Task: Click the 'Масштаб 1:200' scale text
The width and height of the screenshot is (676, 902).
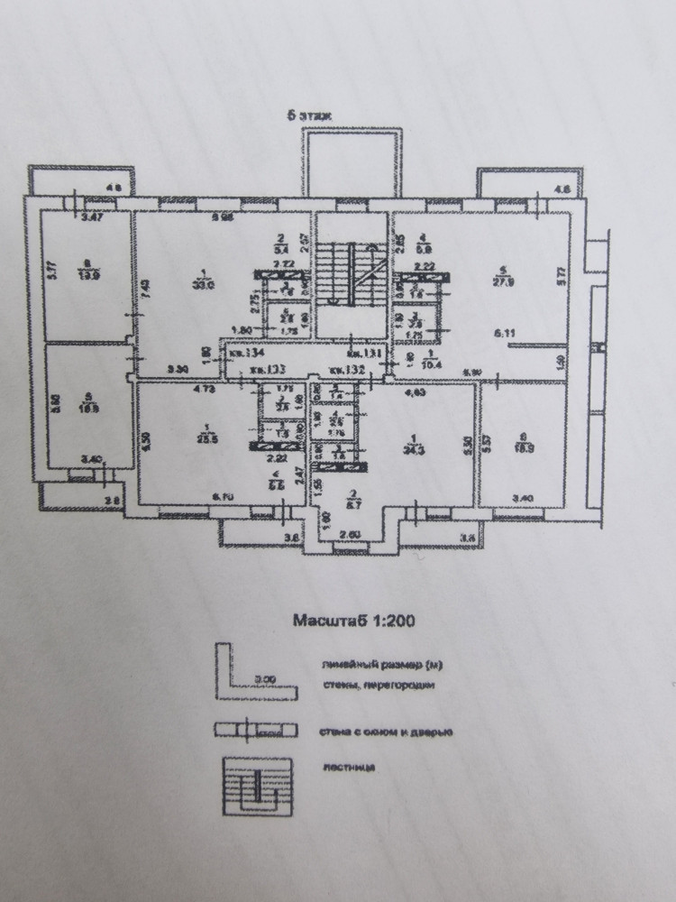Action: (x=352, y=621)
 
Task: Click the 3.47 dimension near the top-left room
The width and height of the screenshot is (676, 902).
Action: (x=89, y=218)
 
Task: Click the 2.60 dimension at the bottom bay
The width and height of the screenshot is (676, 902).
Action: (x=353, y=535)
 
